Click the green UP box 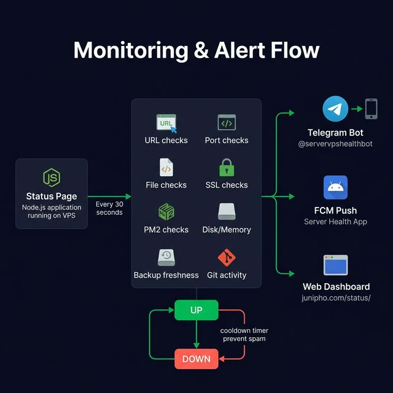tap(196, 310)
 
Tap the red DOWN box tap(196, 359)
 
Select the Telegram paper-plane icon tap(335, 109)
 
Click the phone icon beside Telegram tap(371, 109)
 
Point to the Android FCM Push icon tap(335, 187)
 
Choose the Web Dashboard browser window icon tap(336, 265)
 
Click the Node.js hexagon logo tap(52, 177)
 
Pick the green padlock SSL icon tap(227, 167)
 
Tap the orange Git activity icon tap(227, 257)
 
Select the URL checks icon tap(166, 123)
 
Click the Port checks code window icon tap(227, 122)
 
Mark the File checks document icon tap(166, 167)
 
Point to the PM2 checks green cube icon tap(166, 212)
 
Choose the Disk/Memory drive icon tap(227, 212)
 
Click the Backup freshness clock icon tap(166, 257)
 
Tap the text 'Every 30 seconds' tap(109, 208)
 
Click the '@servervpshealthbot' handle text tap(336, 144)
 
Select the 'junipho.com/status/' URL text tap(336, 298)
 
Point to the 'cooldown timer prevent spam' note tap(244, 335)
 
